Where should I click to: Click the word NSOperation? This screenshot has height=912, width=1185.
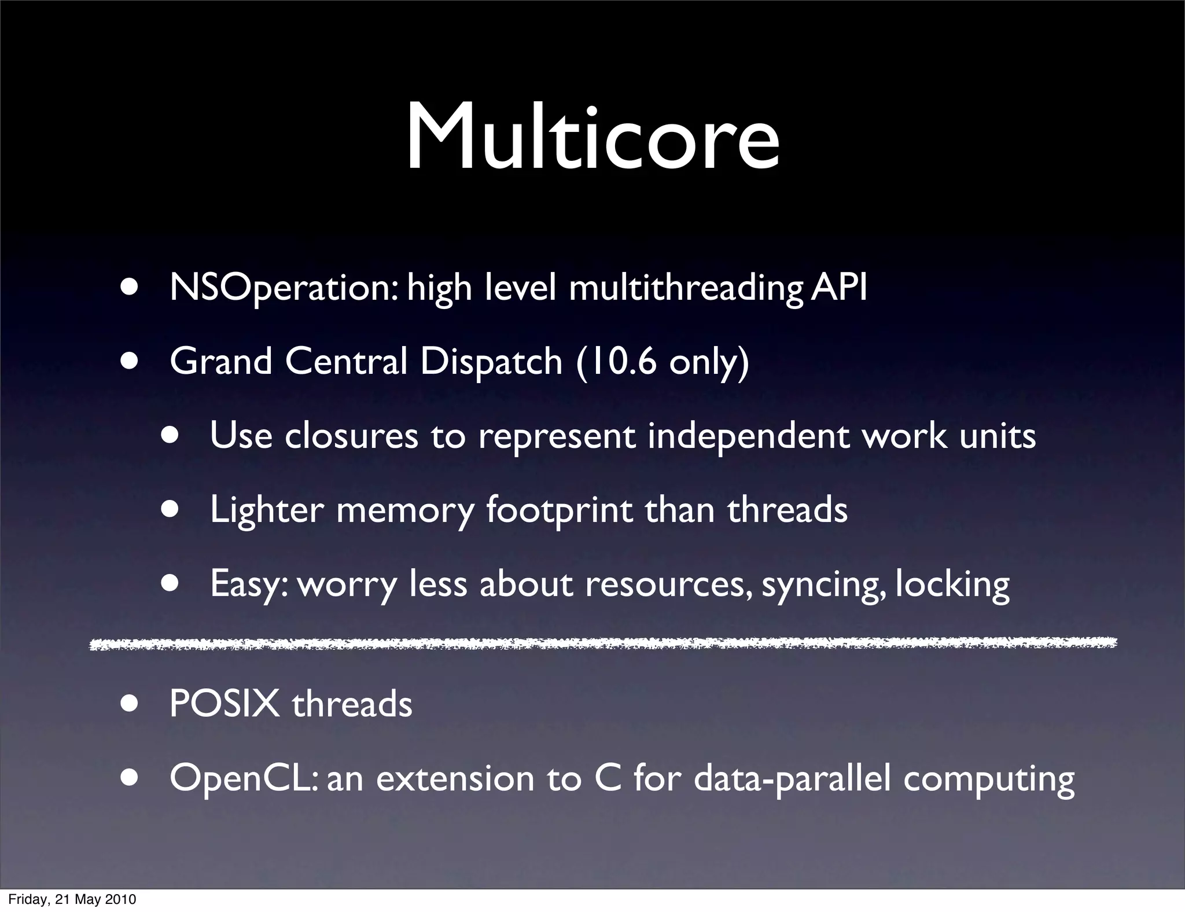[x=283, y=288]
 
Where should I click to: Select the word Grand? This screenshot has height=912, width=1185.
[x=220, y=362]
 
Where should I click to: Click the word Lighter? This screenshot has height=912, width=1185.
[x=266, y=510]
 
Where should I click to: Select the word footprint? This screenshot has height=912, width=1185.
[x=559, y=510]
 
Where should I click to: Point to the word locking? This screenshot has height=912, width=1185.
[x=952, y=584]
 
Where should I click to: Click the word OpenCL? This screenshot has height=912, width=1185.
[x=243, y=779]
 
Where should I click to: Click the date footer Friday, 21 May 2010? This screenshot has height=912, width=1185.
[x=72, y=899]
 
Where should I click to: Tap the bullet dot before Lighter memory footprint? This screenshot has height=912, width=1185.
[x=170, y=510]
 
